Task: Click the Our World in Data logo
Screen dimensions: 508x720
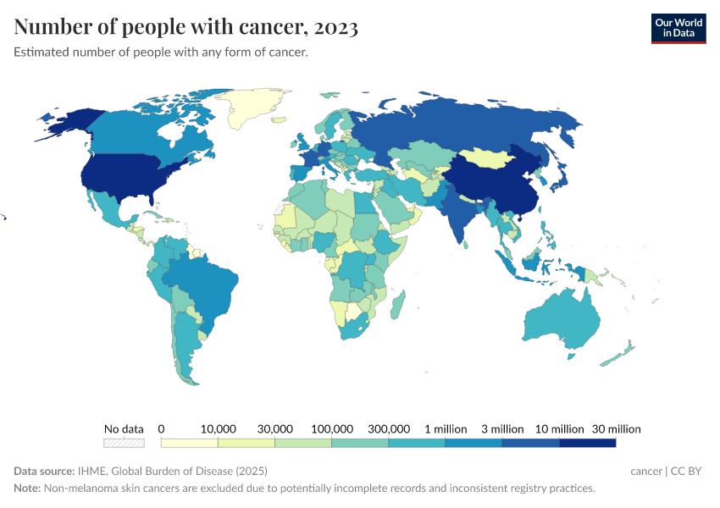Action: (x=678, y=28)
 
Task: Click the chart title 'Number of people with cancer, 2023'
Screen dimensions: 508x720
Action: (x=186, y=28)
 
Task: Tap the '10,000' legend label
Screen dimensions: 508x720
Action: (x=219, y=429)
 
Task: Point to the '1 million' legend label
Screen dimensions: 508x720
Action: (x=445, y=429)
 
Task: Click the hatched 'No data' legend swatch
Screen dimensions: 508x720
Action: (x=124, y=443)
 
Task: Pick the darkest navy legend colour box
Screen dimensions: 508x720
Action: (x=587, y=443)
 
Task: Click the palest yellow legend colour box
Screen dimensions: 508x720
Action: (x=190, y=443)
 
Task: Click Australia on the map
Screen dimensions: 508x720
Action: (x=563, y=322)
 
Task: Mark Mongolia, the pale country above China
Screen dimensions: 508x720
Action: (x=491, y=158)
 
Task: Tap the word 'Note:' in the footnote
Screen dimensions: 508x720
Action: (x=28, y=489)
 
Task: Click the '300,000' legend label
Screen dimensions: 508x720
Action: (x=389, y=429)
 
